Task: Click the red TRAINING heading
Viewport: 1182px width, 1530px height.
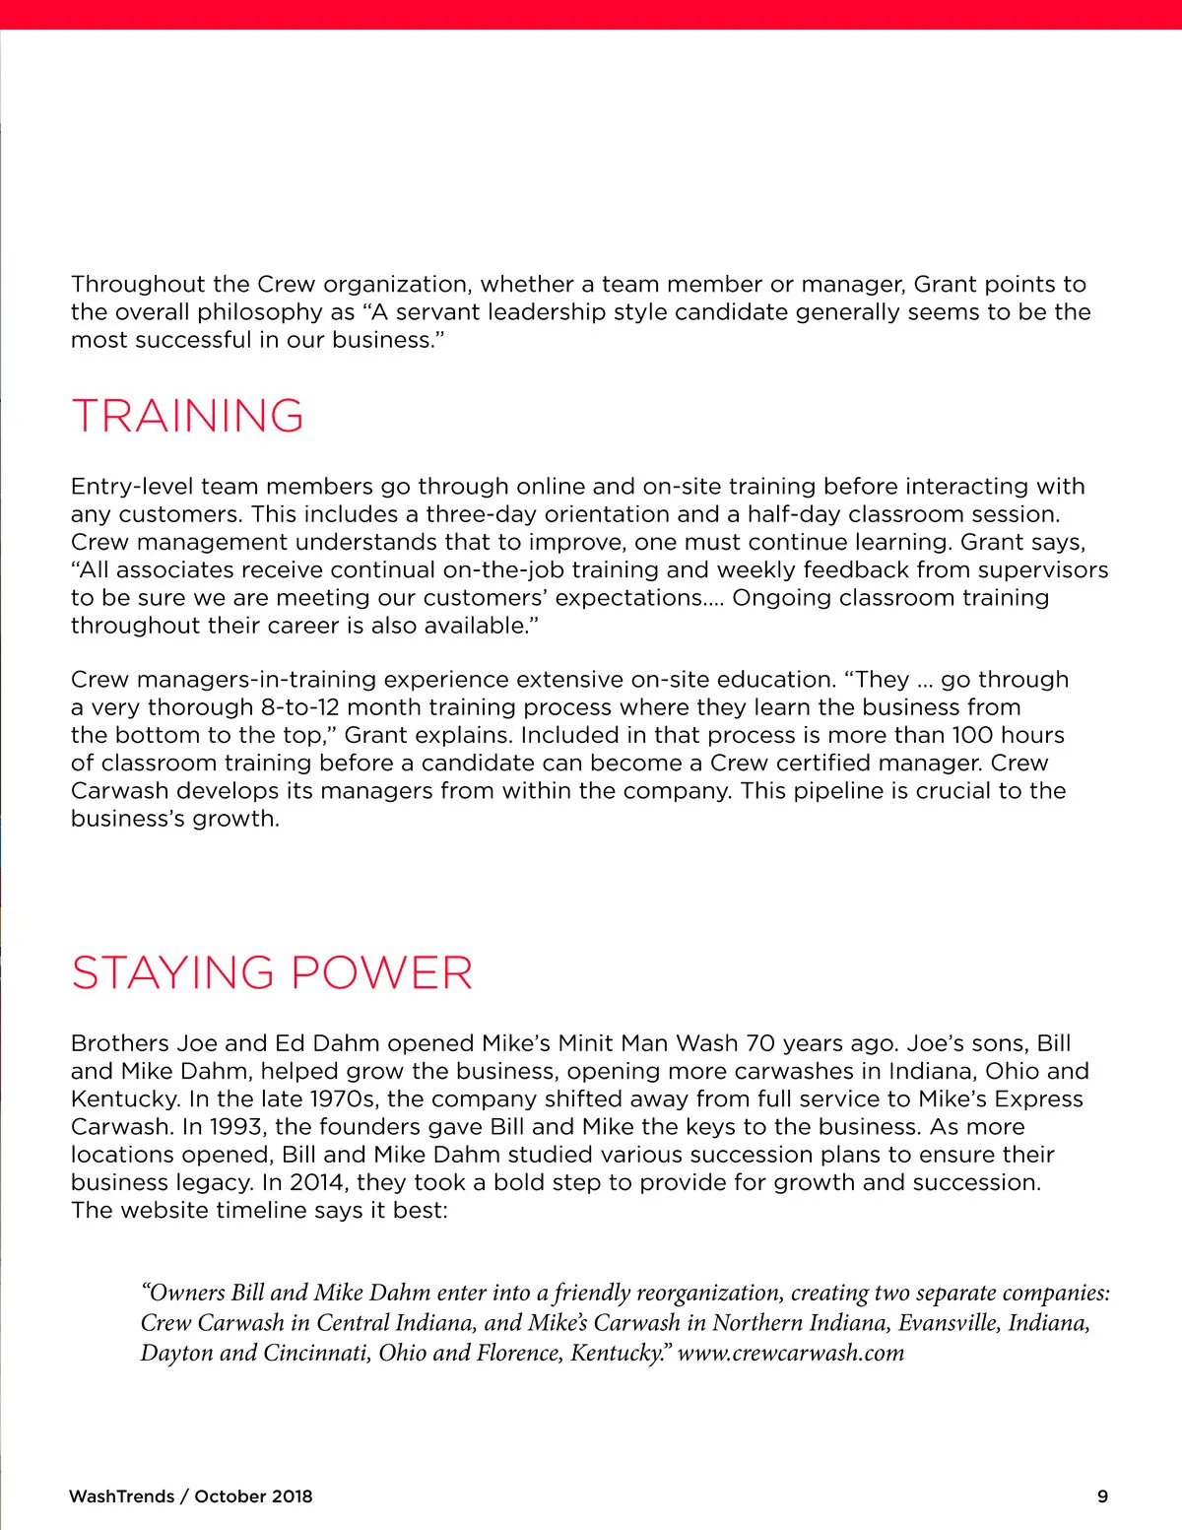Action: tap(187, 416)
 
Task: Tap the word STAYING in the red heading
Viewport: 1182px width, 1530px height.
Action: tap(172, 973)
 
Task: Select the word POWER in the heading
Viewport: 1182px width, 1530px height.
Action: tap(381, 973)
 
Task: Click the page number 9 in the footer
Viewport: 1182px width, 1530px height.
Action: tap(1102, 1497)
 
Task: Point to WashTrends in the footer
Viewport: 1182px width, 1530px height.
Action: tap(121, 1497)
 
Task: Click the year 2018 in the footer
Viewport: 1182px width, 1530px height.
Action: tap(292, 1497)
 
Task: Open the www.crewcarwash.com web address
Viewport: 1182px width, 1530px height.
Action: tap(791, 1353)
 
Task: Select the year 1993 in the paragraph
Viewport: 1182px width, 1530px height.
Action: tap(235, 1127)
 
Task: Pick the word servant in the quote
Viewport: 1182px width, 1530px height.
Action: tap(437, 312)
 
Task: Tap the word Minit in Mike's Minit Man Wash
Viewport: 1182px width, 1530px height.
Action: tap(592, 1043)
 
